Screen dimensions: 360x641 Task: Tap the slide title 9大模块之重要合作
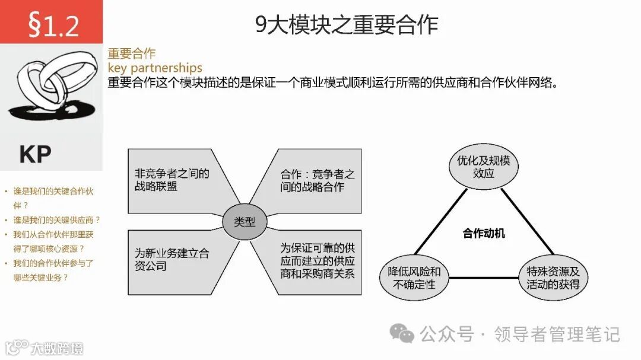click(347, 26)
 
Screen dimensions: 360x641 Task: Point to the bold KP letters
click(36, 154)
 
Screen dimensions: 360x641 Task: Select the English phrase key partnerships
click(155, 68)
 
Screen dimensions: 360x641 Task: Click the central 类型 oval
click(245, 222)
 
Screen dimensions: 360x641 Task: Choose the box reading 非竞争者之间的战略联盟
click(172, 180)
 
